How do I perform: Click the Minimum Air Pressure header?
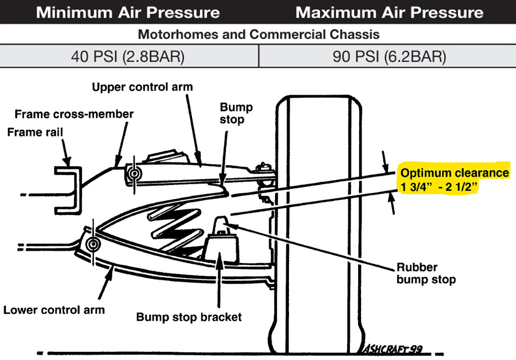click(x=128, y=12)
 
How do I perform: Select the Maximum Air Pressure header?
click(x=390, y=12)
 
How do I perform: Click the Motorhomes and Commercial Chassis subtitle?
click(x=258, y=35)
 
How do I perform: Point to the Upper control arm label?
click(x=142, y=87)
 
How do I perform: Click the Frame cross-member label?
click(x=74, y=114)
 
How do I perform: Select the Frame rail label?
click(x=35, y=133)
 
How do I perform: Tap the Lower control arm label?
click(x=54, y=310)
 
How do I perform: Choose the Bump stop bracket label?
click(x=189, y=317)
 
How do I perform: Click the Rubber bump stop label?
click(x=426, y=274)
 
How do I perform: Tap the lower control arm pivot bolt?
click(x=93, y=244)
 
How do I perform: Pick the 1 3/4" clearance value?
click(x=415, y=187)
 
